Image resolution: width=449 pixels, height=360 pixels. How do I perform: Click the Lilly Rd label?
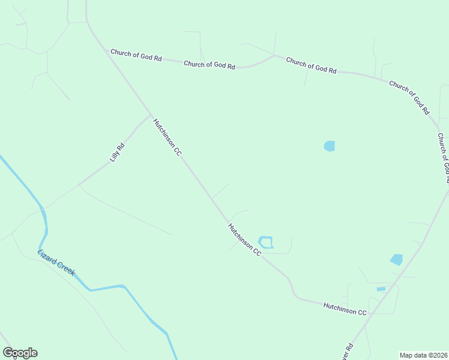(x=117, y=152)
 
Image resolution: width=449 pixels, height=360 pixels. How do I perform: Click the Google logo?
(x=20, y=353)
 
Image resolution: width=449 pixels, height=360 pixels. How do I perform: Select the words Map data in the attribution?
(x=413, y=355)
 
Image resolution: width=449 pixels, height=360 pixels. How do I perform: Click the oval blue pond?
(x=330, y=146)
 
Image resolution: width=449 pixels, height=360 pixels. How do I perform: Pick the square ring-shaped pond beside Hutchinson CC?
(x=265, y=242)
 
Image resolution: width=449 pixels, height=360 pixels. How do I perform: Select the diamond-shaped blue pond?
(x=396, y=259)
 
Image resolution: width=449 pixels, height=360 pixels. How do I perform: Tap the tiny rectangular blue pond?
(x=381, y=289)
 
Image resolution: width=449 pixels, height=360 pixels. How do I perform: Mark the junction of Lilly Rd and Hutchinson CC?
(x=150, y=115)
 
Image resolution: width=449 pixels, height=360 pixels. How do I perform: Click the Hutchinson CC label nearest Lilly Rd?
(x=167, y=137)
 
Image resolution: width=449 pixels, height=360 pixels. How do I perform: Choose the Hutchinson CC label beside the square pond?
(x=244, y=240)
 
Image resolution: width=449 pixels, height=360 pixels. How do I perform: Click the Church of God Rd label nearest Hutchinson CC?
(x=136, y=56)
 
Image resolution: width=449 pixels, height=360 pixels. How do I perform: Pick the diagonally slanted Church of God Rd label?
(x=409, y=97)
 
